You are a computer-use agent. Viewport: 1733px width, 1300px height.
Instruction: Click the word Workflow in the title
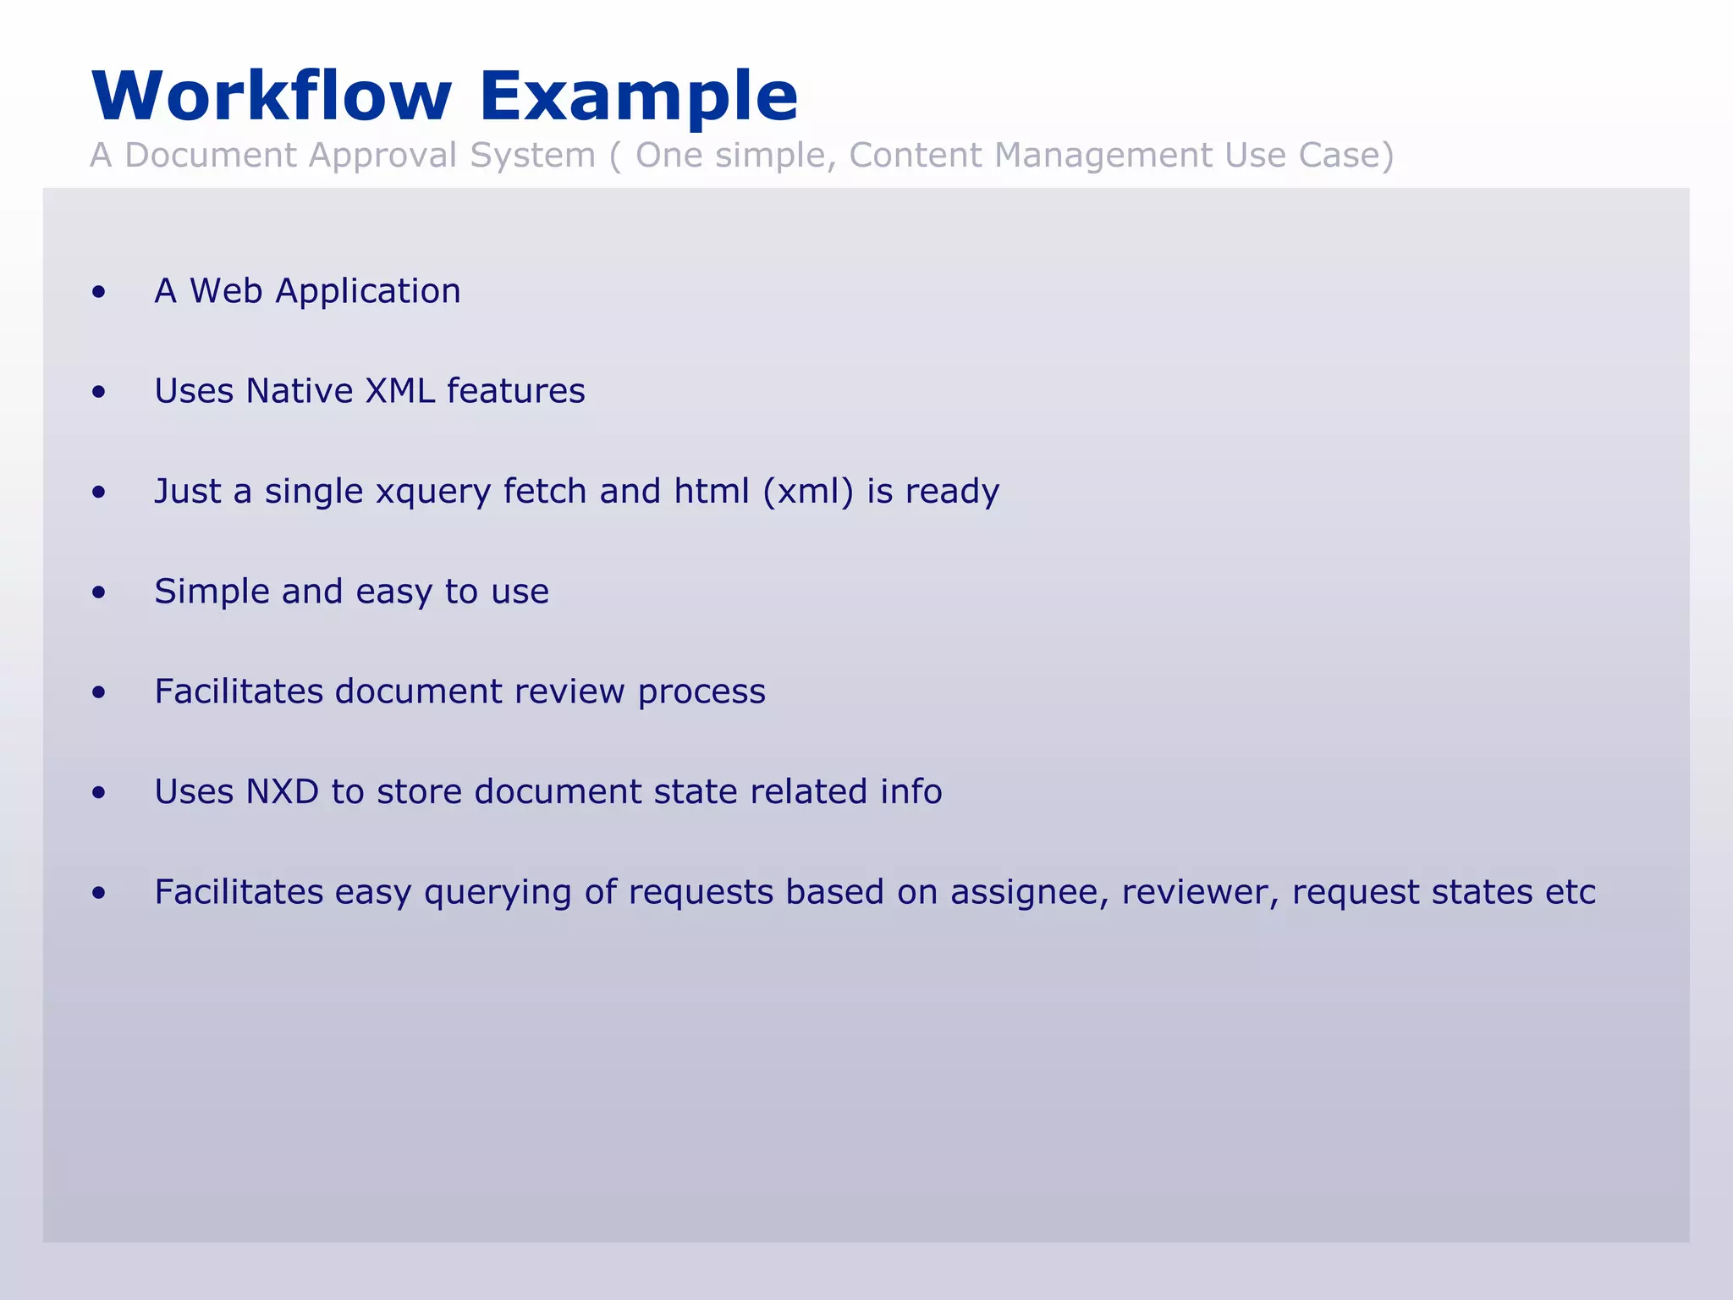pyautogui.click(x=271, y=96)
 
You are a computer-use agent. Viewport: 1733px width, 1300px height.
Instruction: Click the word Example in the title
pyautogui.click(x=638, y=96)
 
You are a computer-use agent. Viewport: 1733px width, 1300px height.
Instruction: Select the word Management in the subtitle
pyautogui.click(x=1103, y=156)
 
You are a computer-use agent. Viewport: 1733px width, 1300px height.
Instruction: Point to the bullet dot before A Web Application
pyautogui.click(x=99, y=292)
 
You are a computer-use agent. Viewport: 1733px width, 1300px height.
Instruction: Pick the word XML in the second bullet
pyautogui.click(x=399, y=391)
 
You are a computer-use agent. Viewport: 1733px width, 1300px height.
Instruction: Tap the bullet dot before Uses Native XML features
pyautogui.click(x=99, y=392)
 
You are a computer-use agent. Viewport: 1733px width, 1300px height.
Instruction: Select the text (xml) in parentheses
pyautogui.click(x=808, y=492)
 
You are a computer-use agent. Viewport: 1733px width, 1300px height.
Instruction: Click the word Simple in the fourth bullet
pyautogui.click(x=212, y=592)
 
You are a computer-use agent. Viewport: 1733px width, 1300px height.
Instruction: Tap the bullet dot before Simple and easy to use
pyautogui.click(x=99, y=592)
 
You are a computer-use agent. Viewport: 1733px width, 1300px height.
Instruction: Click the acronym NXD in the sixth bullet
pyautogui.click(x=282, y=792)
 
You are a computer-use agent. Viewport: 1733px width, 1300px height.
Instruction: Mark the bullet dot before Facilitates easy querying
pyautogui.click(x=99, y=893)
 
